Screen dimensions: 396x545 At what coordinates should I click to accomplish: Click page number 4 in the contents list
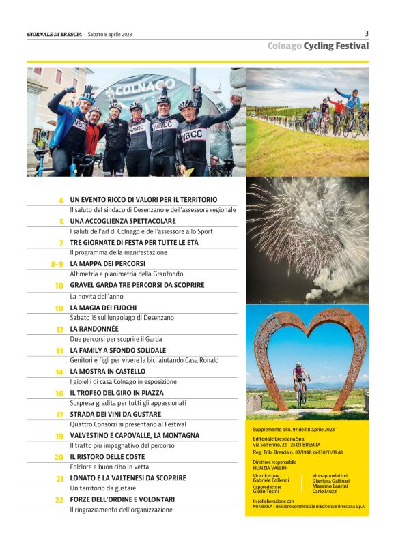61,200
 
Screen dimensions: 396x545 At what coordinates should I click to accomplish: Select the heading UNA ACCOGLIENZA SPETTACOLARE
123,221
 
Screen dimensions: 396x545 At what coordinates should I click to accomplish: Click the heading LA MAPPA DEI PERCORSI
107,263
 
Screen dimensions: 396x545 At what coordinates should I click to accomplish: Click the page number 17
59,414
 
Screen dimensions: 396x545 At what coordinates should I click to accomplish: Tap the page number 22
59,500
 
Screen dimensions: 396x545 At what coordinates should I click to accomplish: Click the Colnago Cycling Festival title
318,46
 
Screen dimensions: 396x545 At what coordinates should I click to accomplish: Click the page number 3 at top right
367,33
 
